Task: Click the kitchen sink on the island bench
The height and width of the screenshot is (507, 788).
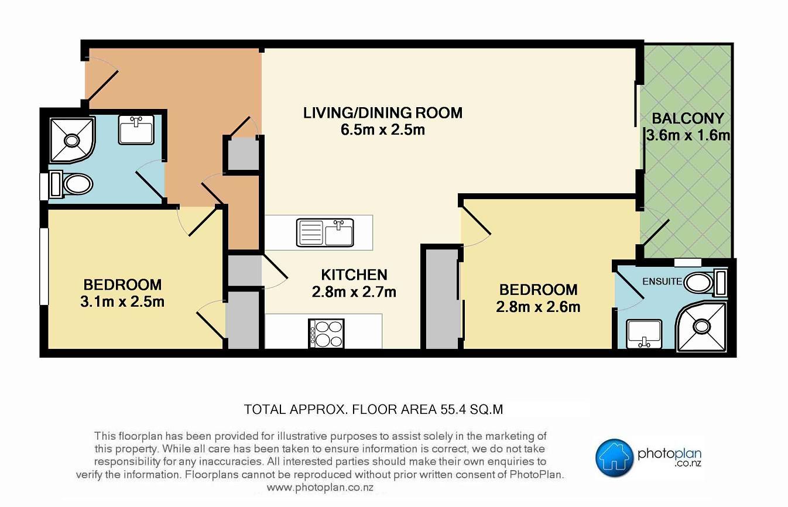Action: [325, 232]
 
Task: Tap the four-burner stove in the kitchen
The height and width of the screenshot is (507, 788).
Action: [326, 334]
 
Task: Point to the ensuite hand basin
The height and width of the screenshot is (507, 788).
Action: [644, 334]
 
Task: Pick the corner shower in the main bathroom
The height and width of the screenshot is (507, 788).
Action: [72, 141]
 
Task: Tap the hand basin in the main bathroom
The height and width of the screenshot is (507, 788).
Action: [136, 129]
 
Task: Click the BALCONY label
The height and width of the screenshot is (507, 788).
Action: [688, 119]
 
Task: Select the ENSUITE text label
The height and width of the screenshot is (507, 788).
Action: [662, 282]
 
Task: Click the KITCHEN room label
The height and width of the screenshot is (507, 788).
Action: [354, 275]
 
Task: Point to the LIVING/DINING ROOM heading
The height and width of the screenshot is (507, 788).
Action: [383, 113]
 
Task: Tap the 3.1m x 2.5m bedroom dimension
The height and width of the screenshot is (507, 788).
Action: [122, 302]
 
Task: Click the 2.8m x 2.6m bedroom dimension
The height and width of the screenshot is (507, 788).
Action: [538, 307]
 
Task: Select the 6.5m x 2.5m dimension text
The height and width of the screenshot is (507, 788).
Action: [383, 130]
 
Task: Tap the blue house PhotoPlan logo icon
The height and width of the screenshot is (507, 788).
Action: [614, 458]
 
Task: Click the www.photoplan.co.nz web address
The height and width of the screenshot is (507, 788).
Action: [320, 488]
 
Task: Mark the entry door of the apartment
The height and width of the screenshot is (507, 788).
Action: [102, 85]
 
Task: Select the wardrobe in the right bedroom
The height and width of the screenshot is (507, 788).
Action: [443, 299]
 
